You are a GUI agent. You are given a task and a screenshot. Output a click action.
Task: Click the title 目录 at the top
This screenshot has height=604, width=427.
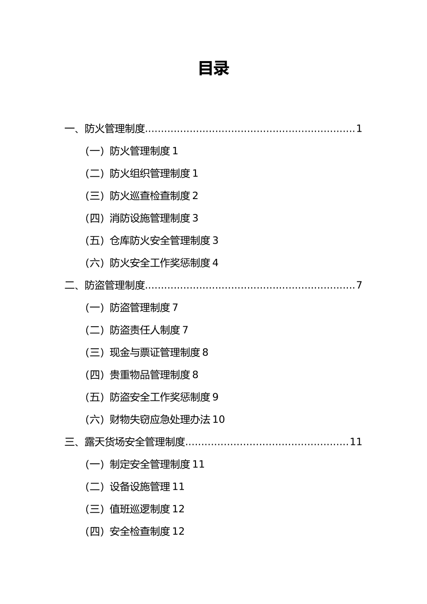coord(213,69)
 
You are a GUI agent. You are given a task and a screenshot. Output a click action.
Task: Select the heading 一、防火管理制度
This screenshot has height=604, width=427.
coord(105,129)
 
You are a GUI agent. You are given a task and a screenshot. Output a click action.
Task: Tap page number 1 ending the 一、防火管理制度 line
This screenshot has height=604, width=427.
coord(359,129)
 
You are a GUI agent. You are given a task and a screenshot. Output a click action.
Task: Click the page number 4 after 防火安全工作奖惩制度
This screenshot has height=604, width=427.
coord(215,263)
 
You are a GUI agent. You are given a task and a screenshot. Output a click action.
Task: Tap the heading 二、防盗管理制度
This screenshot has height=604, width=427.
coord(105,285)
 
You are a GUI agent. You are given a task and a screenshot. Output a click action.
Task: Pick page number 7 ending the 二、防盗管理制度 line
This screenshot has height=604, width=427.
coord(359,285)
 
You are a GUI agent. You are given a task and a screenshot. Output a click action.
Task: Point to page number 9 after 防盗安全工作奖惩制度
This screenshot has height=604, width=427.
coord(215,397)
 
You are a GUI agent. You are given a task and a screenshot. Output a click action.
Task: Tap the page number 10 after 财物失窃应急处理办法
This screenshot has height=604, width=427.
coord(218,420)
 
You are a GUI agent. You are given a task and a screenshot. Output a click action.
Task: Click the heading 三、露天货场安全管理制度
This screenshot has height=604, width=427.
coord(125,442)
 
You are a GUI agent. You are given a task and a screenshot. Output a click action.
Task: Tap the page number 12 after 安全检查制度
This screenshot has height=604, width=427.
coord(178,532)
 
